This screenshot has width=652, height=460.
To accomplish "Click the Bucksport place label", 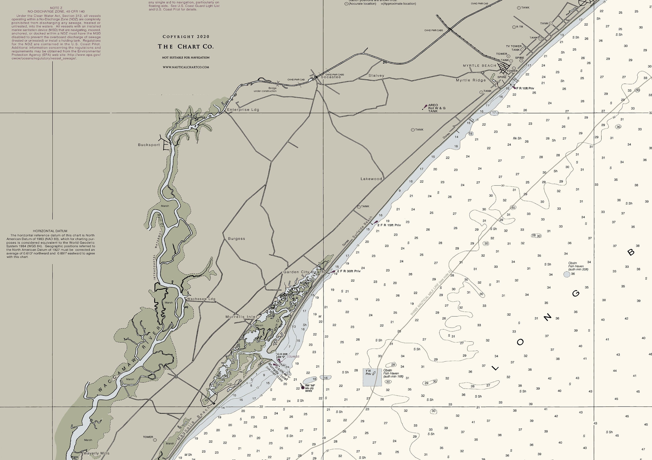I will point(149,145).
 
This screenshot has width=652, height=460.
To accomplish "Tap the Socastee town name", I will point(331,77).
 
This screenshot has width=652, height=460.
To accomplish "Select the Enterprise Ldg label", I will point(243,110).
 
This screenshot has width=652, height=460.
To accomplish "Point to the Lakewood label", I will point(371,179).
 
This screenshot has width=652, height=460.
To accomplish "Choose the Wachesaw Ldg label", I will point(201,299).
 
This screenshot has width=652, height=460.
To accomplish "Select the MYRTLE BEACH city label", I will point(479,66).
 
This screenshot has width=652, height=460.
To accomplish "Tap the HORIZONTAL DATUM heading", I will point(50,231).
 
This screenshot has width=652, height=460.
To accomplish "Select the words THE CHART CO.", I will point(186,47).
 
